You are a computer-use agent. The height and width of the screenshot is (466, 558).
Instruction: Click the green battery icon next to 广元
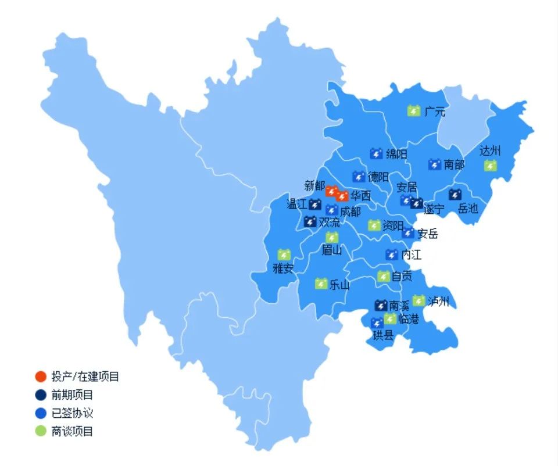click(x=414, y=110)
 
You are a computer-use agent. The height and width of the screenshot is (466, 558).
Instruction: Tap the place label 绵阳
click(x=396, y=154)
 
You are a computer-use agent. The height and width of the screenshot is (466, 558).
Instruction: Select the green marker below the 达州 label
click(x=491, y=166)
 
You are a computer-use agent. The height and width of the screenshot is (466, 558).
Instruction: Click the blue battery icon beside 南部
click(x=434, y=164)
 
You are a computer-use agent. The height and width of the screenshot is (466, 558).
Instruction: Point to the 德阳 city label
click(x=378, y=177)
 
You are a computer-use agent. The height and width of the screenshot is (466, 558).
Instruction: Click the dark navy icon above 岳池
click(x=455, y=194)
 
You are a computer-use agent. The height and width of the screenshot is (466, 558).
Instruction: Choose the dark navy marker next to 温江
click(x=315, y=204)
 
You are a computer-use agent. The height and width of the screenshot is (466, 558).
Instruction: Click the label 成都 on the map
click(x=350, y=212)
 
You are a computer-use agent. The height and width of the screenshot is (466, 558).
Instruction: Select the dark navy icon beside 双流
click(x=310, y=221)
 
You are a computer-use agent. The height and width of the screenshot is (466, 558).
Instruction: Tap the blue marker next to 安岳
click(x=409, y=233)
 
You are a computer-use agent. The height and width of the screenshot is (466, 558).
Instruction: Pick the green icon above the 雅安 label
click(x=284, y=254)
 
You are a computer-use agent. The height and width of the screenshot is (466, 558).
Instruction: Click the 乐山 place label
click(x=339, y=285)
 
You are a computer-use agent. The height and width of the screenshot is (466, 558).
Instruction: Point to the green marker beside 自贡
click(x=383, y=276)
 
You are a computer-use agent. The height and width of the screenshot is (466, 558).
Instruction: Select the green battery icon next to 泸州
click(x=419, y=300)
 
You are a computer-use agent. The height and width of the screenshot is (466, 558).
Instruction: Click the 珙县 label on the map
click(x=383, y=335)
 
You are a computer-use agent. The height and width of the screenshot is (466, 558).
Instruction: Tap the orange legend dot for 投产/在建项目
click(x=41, y=377)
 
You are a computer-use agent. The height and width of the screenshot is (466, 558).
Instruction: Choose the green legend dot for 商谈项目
click(x=41, y=431)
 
